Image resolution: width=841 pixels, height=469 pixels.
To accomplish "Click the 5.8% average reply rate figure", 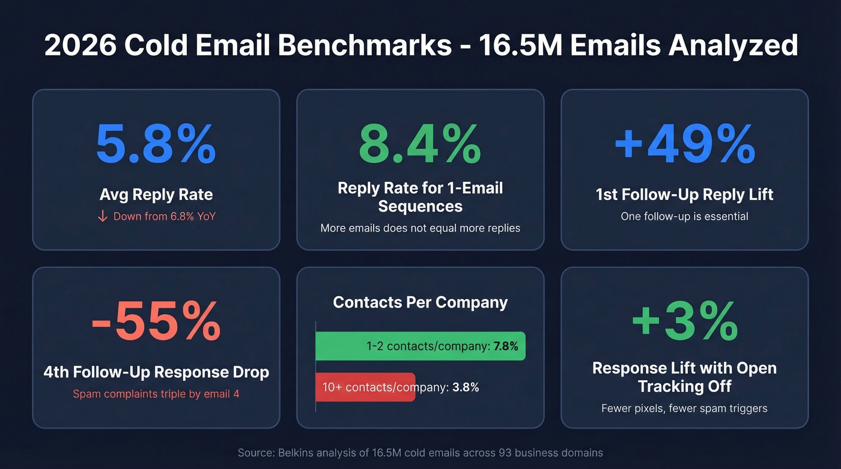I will click(156, 144).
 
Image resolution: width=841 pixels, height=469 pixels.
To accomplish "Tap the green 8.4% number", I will click(420, 144).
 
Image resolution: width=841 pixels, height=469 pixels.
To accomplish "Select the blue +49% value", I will click(684, 144).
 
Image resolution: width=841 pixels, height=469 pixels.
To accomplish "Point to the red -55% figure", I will click(156, 322).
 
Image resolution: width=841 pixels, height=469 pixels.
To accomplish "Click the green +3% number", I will click(684, 322).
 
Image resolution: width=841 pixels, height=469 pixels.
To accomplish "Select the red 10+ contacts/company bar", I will click(365, 387).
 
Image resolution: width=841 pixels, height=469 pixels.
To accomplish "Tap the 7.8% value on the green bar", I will click(505, 346).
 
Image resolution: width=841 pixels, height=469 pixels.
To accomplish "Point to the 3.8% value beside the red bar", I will click(466, 387).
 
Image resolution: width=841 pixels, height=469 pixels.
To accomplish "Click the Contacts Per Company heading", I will click(420, 302).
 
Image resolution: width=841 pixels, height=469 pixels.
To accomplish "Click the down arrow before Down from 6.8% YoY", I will click(103, 216).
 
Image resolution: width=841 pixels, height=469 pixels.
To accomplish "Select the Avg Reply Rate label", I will click(156, 195).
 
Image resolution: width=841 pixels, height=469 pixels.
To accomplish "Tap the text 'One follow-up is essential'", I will click(684, 216).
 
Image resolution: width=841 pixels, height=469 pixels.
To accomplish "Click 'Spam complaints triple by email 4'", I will click(156, 395).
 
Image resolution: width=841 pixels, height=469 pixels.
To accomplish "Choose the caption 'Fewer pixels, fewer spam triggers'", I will click(684, 408).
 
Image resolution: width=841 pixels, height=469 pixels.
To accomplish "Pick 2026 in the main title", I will click(80, 46).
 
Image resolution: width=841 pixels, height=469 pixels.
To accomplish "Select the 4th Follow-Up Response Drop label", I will click(156, 372).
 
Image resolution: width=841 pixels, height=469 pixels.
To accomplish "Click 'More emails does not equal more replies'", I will click(420, 228).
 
